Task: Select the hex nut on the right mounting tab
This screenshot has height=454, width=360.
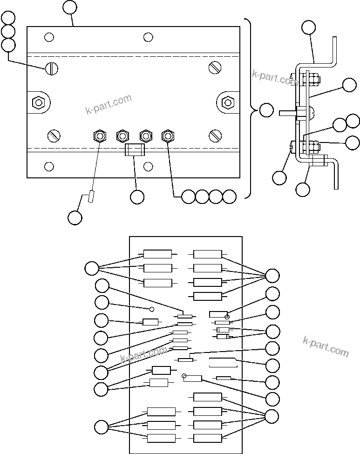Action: pos(227,102)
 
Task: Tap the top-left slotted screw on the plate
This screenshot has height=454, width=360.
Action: pos(51,69)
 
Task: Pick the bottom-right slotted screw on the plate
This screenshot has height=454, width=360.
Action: pos(215,136)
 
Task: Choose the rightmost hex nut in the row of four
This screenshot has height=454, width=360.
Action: pos(168,136)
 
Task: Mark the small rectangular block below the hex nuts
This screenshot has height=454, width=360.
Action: pos(135,150)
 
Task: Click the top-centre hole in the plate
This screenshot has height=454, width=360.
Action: pos(148,37)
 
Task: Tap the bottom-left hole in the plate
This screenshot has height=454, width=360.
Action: pos(49,166)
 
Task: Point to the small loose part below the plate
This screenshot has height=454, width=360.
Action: pos(91,197)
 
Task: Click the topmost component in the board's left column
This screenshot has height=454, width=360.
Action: pos(157,254)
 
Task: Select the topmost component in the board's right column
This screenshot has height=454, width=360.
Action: pos(208,254)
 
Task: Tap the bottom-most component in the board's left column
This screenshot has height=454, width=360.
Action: pos(161,438)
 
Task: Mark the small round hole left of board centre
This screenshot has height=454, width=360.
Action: pos(151,308)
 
